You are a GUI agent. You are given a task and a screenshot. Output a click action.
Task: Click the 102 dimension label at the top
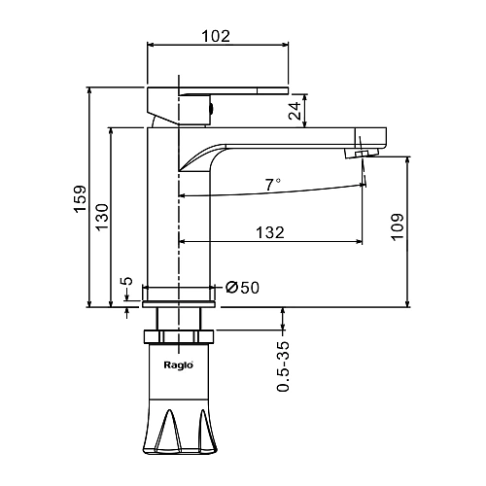(x=216, y=36)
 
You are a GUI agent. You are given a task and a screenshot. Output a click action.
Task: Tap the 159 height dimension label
(x=80, y=199)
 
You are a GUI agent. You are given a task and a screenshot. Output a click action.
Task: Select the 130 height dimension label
(x=102, y=217)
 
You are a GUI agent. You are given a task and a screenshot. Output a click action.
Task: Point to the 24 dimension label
(x=295, y=111)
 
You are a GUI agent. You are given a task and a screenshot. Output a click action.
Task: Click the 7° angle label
(x=273, y=185)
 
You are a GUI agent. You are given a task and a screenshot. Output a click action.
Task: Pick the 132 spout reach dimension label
(x=270, y=232)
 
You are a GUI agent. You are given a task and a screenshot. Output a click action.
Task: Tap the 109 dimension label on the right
(x=398, y=226)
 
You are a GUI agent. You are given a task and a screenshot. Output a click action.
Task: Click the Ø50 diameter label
(x=242, y=288)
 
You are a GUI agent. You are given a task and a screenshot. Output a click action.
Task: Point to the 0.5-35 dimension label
(x=283, y=366)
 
